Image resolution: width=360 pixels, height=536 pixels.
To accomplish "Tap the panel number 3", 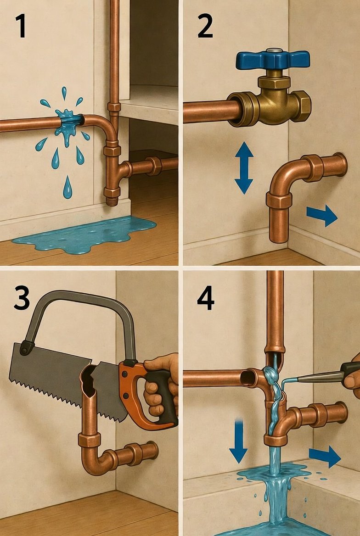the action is click(22, 298).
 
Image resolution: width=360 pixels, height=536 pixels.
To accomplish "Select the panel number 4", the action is click(206, 298).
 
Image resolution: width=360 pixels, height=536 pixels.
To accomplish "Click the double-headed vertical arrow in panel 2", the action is click(244, 168).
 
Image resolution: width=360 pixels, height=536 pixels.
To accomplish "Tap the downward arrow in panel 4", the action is click(238, 441).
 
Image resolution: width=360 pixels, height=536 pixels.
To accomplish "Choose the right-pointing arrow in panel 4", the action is click(325, 456).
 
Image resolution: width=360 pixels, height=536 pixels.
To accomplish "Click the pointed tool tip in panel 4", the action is click(283, 380).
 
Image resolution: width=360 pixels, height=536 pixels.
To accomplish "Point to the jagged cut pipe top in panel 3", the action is click(88, 378).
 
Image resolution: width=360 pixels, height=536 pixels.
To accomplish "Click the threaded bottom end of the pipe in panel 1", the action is click(111, 201).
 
